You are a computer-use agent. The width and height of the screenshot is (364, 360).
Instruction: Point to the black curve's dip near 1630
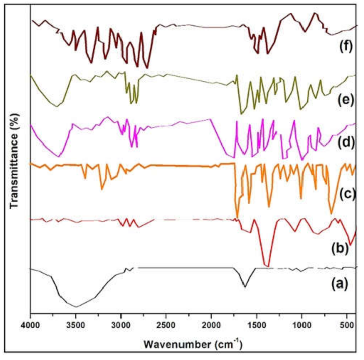[245, 287]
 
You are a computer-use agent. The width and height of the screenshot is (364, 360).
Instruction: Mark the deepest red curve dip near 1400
[268, 266]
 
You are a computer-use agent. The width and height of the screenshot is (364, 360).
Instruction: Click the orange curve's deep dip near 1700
[237, 217]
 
